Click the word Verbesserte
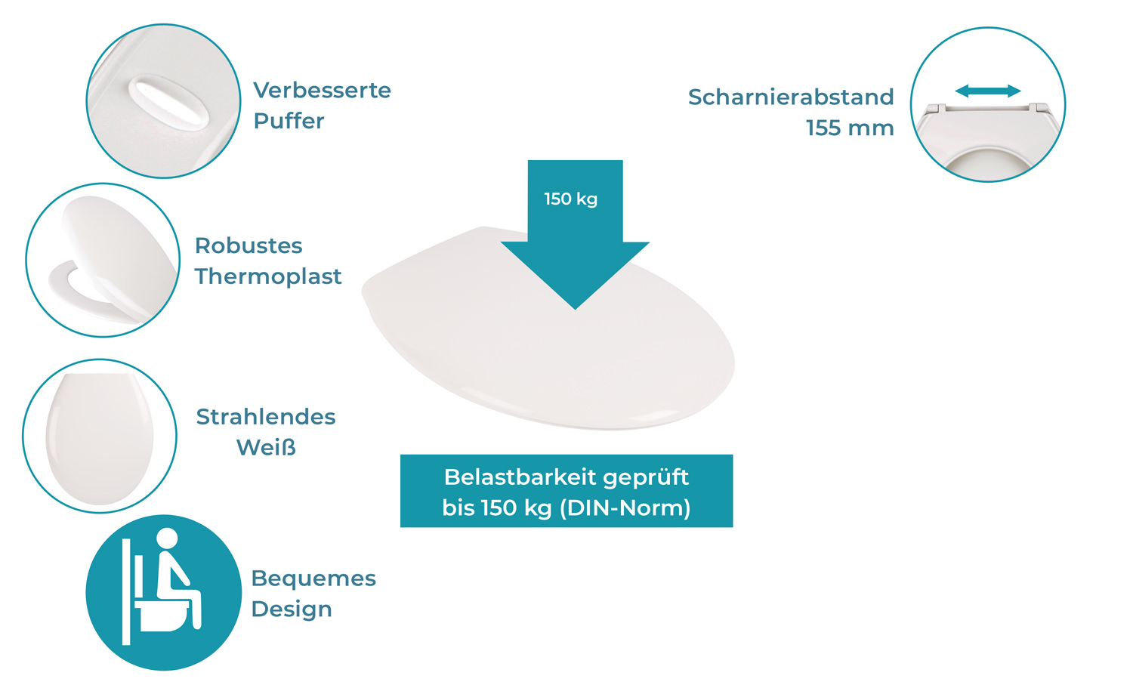(323, 91)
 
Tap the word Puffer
(289, 121)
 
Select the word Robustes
(249, 246)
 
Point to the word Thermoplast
(268, 276)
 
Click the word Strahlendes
(266, 418)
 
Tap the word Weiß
(266, 448)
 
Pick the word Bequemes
(313, 579)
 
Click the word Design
(292, 609)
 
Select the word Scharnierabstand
(791, 97)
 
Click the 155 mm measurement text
(850, 128)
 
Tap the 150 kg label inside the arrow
(571, 199)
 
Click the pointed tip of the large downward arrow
(575, 309)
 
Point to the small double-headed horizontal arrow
(988, 91)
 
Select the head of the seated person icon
(168, 538)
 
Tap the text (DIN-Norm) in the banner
(625, 508)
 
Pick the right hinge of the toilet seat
(1040, 107)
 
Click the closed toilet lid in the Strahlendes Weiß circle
(99, 439)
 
